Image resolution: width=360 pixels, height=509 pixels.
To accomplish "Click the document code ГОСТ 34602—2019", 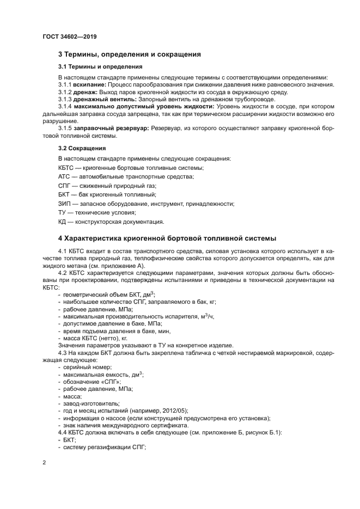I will point(69,37).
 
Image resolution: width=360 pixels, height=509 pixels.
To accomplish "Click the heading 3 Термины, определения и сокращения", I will point(130,54).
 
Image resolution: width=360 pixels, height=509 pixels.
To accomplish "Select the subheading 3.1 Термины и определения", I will point(100,67).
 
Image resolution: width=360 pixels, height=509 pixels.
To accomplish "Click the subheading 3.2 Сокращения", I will point(82,148).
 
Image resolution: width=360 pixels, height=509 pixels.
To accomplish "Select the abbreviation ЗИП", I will point(64,204).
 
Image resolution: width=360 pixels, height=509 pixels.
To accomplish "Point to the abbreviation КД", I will point(62,222).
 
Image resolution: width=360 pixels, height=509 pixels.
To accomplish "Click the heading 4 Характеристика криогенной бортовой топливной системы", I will point(167,238).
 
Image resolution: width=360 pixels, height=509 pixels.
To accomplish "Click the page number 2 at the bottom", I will point(44,462).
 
